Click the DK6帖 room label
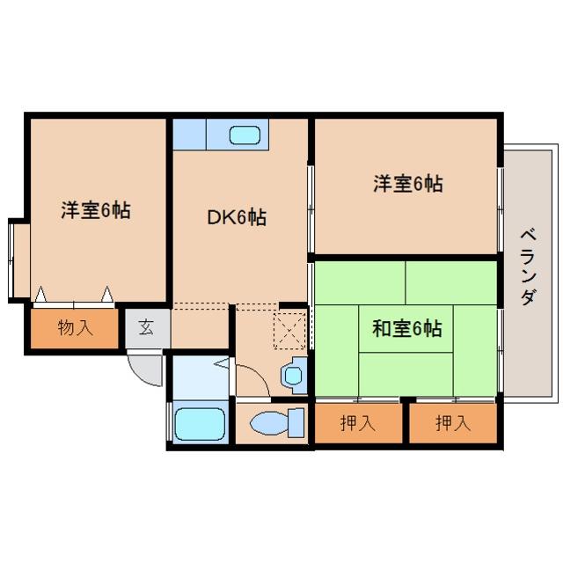(237, 217)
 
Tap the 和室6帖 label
(406, 328)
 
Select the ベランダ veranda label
(529, 267)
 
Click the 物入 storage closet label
(75, 327)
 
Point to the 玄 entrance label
(147, 326)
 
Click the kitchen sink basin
(245, 135)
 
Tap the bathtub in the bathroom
(200, 424)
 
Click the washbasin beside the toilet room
(295, 376)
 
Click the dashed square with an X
(289, 331)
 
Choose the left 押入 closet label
(358, 423)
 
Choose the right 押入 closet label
(453, 423)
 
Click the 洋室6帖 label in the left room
(96, 210)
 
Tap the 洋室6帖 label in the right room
(408, 184)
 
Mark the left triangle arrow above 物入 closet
(40, 294)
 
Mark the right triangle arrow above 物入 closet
(107, 294)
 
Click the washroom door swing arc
(258, 372)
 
